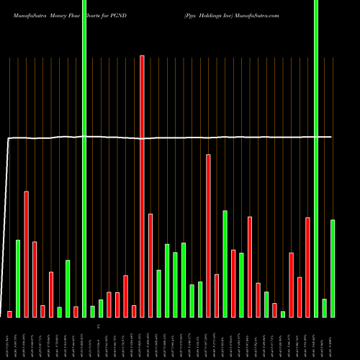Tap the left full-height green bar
coord(84,158)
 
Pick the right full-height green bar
coord(316,158)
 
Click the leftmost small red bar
coord(9,314)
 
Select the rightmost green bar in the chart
coord(333,268)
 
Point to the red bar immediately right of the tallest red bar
coord(150,265)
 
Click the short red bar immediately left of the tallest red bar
coord(134,311)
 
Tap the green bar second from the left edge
coord(18,278)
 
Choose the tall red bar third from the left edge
coord(26,253)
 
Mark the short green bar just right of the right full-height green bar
coord(325,307)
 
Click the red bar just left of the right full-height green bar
coord(307,267)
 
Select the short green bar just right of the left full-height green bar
coord(92,311)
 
